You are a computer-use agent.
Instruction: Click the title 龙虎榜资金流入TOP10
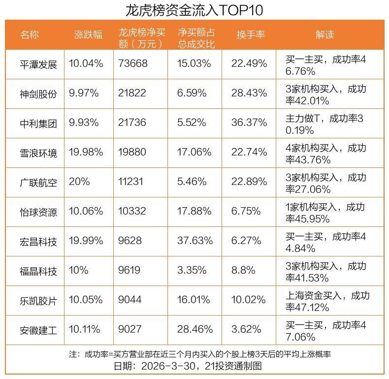194,10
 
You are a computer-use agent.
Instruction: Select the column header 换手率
251,34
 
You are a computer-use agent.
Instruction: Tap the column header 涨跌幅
89,34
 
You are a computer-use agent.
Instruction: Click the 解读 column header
325,34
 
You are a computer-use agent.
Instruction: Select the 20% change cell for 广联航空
80,182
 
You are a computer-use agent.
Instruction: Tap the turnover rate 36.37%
249,123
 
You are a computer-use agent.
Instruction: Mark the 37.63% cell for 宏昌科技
195,241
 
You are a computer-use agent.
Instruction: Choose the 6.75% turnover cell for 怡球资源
246,211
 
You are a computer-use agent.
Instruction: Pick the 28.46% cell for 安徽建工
195,329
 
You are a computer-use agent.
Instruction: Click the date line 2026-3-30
194,366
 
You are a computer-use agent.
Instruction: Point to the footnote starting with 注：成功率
194,354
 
